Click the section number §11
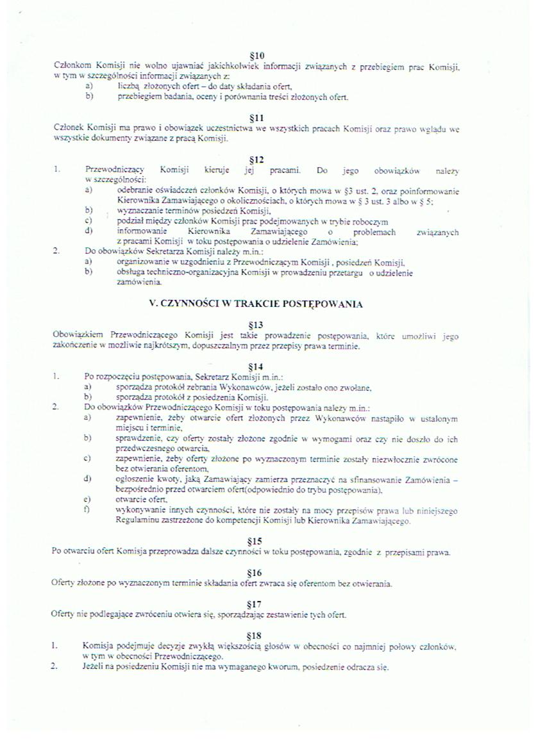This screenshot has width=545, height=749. tap(256, 118)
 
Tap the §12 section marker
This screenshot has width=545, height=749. tap(256, 160)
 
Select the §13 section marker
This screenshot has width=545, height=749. tap(256, 324)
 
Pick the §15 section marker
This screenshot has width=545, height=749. tap(256, 541)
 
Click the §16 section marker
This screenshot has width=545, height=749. tap(256, 572)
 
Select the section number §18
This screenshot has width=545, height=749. tap(256, 636)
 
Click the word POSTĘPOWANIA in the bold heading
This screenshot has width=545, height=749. tap(326, 304)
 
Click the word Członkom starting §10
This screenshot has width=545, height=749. tap(72, 67)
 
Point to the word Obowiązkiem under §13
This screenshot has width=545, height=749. tap(79, 335)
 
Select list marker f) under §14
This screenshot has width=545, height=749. tap(88, 510)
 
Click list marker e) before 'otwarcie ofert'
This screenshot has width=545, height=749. tap(88, 500)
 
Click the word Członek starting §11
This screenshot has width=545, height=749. tap(69, 129)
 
